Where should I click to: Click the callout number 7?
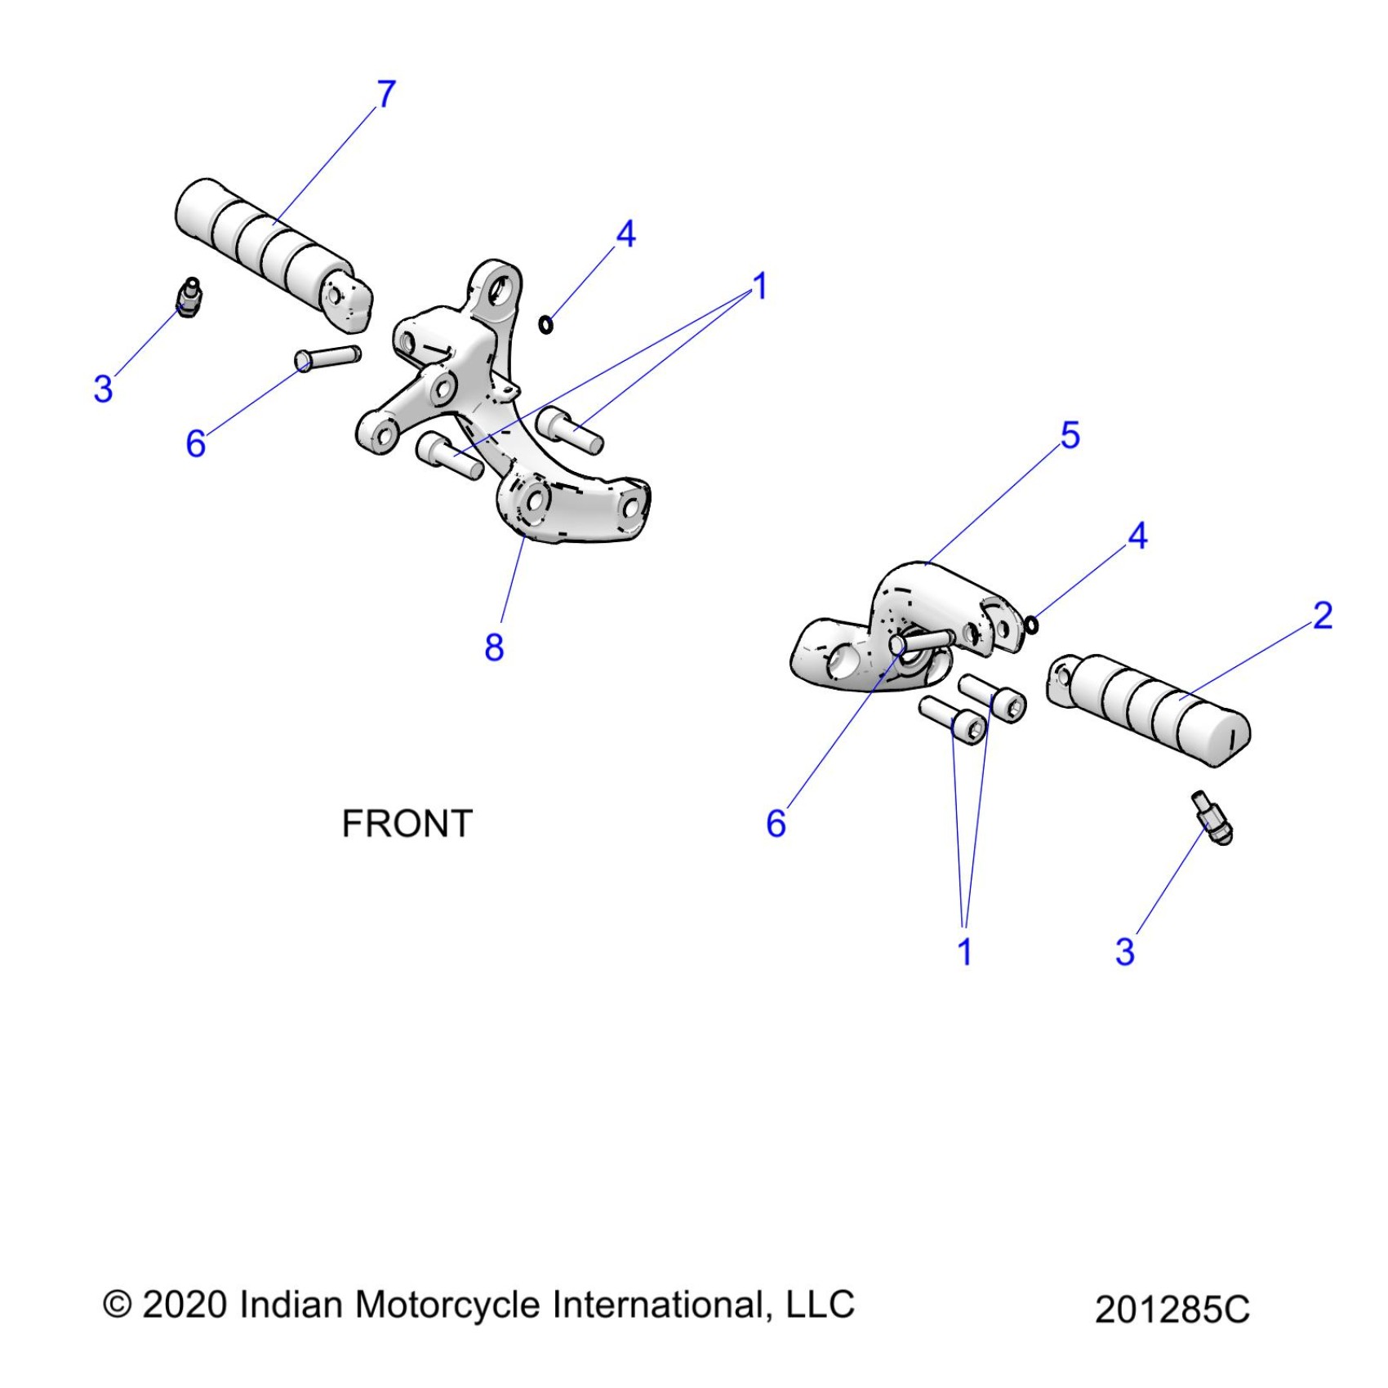click(x=386, y=94)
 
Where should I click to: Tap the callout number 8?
click(x=494, y=647)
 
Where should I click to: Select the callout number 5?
click(x=1070, y=435)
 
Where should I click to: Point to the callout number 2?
click(x=1323, y=616)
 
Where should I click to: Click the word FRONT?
click(x=407, y=824)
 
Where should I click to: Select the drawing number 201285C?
click(x=1172, y=1310)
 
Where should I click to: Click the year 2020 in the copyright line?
click(x=185, y=1305)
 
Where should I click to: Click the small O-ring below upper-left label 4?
click(x=546, y=325)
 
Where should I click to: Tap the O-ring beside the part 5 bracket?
click(x=1031, y=625)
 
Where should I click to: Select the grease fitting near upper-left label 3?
click(x=189, y=297)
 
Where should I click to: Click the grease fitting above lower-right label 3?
click(x=1213, y=819)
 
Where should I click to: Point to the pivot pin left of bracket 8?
click(x=327, y=358)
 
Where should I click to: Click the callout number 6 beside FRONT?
click(x=776, y=824)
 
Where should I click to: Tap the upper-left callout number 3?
click(x=103, y=389)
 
